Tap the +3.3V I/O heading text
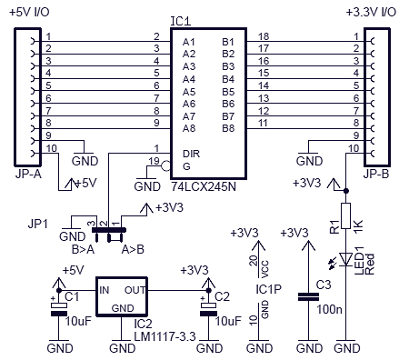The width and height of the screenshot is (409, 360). point(372,12)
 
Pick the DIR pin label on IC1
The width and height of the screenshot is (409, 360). point(190,154)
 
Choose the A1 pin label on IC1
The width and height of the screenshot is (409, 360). point(189,43)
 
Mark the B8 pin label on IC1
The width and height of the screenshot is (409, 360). point(227,128)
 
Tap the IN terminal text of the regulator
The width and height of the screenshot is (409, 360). point(105,290)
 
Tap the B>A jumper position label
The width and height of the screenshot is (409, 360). point(83,246)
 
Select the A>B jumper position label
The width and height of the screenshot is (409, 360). point(134,246)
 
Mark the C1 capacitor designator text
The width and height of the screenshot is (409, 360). point(72,295)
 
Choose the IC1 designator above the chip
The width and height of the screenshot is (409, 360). point(206,19)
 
